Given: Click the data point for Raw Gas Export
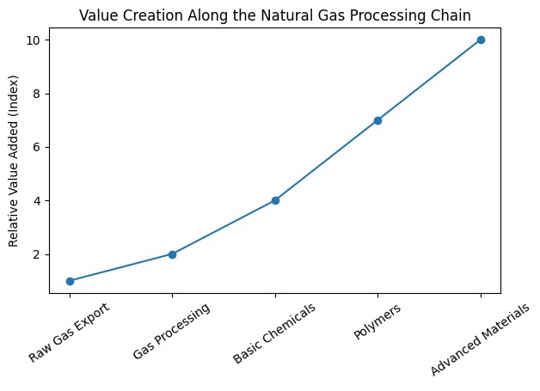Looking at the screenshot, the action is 70,281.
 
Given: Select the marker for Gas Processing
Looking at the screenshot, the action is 172,254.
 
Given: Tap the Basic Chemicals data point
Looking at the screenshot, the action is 275,201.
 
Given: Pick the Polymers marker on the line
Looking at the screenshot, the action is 377,120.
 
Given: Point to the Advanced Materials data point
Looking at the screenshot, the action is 481,40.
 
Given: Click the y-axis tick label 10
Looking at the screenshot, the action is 33,40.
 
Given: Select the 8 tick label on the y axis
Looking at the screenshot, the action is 36,94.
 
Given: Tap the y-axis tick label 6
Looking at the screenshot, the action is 36,147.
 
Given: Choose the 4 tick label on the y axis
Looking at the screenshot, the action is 36,201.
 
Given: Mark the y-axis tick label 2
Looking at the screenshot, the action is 36,254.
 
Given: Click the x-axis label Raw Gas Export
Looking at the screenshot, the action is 70,332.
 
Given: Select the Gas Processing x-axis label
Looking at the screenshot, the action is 171,331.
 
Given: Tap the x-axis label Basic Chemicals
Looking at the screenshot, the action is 274,333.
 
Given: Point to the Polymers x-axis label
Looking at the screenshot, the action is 377,321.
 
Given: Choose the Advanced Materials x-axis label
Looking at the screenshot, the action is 480,339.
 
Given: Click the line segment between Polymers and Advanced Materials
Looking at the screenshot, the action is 429,80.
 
